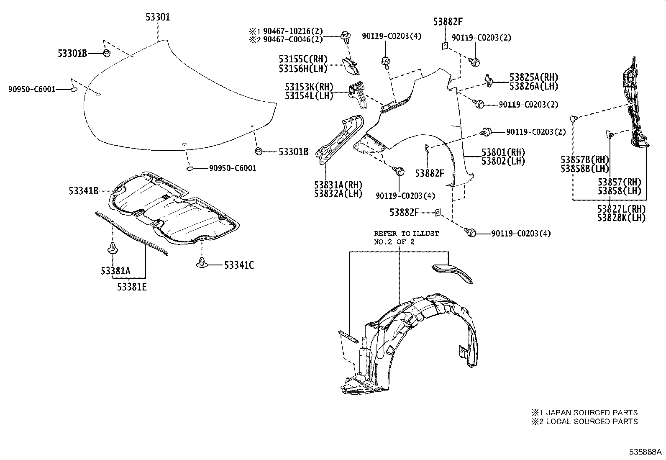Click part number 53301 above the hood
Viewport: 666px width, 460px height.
[x=158, y=17]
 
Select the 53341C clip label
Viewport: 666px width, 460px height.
[x=239, y=265]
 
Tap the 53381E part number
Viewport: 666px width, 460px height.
[x=132, y=287]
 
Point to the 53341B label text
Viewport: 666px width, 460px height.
[x=84, y=191]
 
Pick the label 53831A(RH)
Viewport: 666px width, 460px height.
[x=338, y=185]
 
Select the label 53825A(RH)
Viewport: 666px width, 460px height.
[x=534, y=77]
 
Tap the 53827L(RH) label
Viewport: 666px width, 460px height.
[x=621, y=209]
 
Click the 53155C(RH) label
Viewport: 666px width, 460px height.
[x=303, y=59]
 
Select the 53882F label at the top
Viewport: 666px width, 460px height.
[x=448, y=22]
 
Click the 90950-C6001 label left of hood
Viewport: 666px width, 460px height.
[x=32, y=89]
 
